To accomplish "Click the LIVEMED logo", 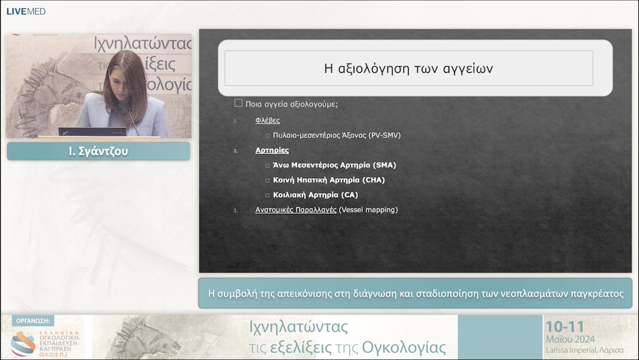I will (25, 11).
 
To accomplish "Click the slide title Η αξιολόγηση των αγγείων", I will (408, 69).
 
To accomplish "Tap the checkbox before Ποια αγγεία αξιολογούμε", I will (238, 103).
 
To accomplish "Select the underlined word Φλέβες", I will (267, 120).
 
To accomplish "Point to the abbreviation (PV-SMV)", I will (384, 135).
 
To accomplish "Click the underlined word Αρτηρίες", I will (272, 150).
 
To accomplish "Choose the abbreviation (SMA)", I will (385, 165).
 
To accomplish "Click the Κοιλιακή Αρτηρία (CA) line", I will (315, 195).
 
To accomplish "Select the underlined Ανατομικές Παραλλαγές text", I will (296, 210).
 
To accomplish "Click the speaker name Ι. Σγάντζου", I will (98, 151).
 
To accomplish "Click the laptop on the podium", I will (92, 131).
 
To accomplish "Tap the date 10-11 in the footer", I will (564, 327).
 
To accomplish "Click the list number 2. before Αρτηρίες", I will (235, 151).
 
